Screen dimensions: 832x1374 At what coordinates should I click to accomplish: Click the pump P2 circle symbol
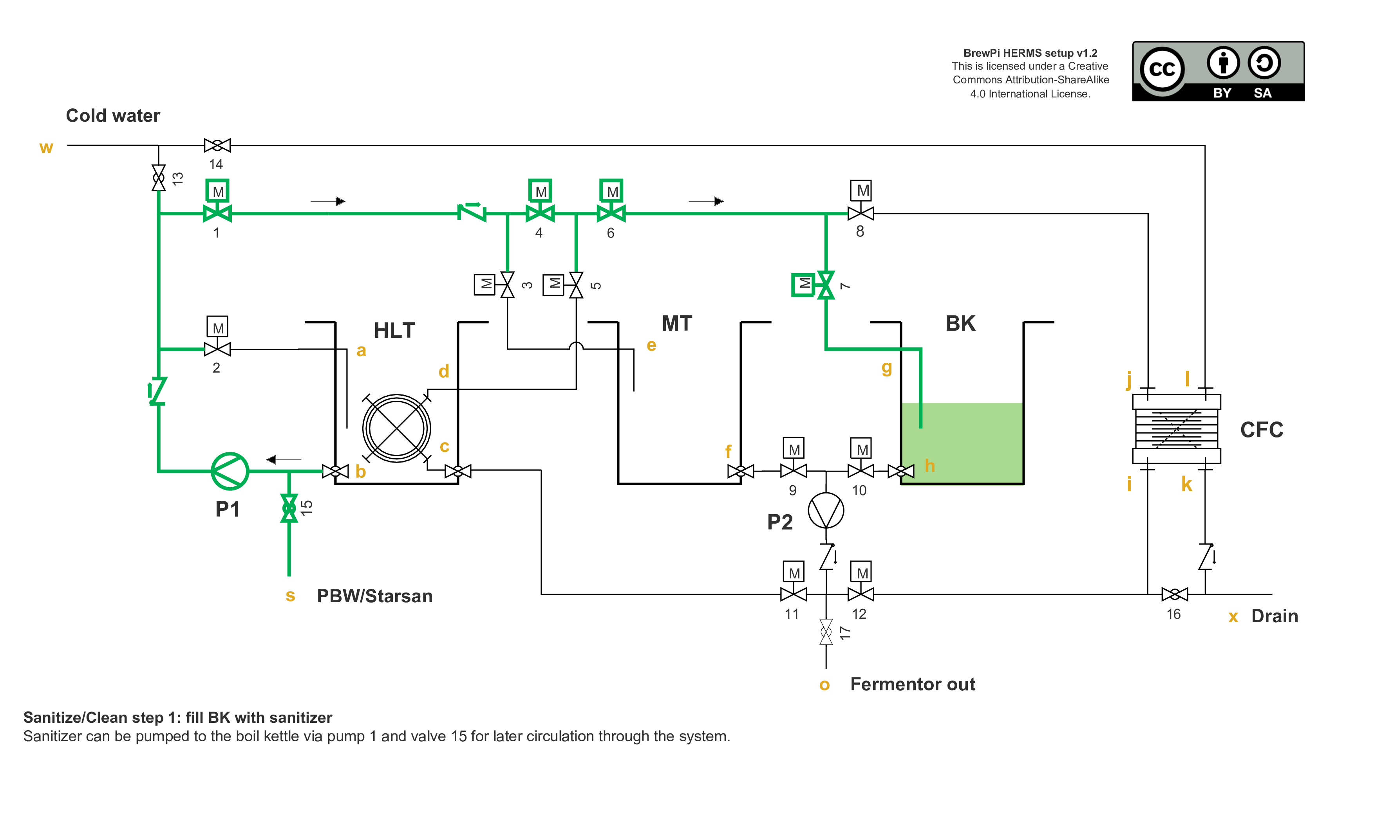point(826,510)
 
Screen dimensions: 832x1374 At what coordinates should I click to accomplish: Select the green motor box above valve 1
point(217,191)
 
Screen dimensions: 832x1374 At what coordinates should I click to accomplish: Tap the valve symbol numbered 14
point(217,146)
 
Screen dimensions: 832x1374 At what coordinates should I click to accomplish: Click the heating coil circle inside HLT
point(396,429)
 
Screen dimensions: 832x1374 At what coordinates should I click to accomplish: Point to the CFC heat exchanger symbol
point(1177,429)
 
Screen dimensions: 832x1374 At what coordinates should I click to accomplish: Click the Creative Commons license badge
point(1219,71)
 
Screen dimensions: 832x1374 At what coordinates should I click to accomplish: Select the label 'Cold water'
point(113,115)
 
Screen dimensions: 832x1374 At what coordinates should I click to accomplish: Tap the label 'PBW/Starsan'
point(374,596)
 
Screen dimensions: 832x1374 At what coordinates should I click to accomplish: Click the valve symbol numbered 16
point(1174,594)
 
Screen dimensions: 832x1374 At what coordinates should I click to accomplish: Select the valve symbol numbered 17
point(826,632)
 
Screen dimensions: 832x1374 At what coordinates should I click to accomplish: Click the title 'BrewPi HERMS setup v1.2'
point(1030,53)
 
